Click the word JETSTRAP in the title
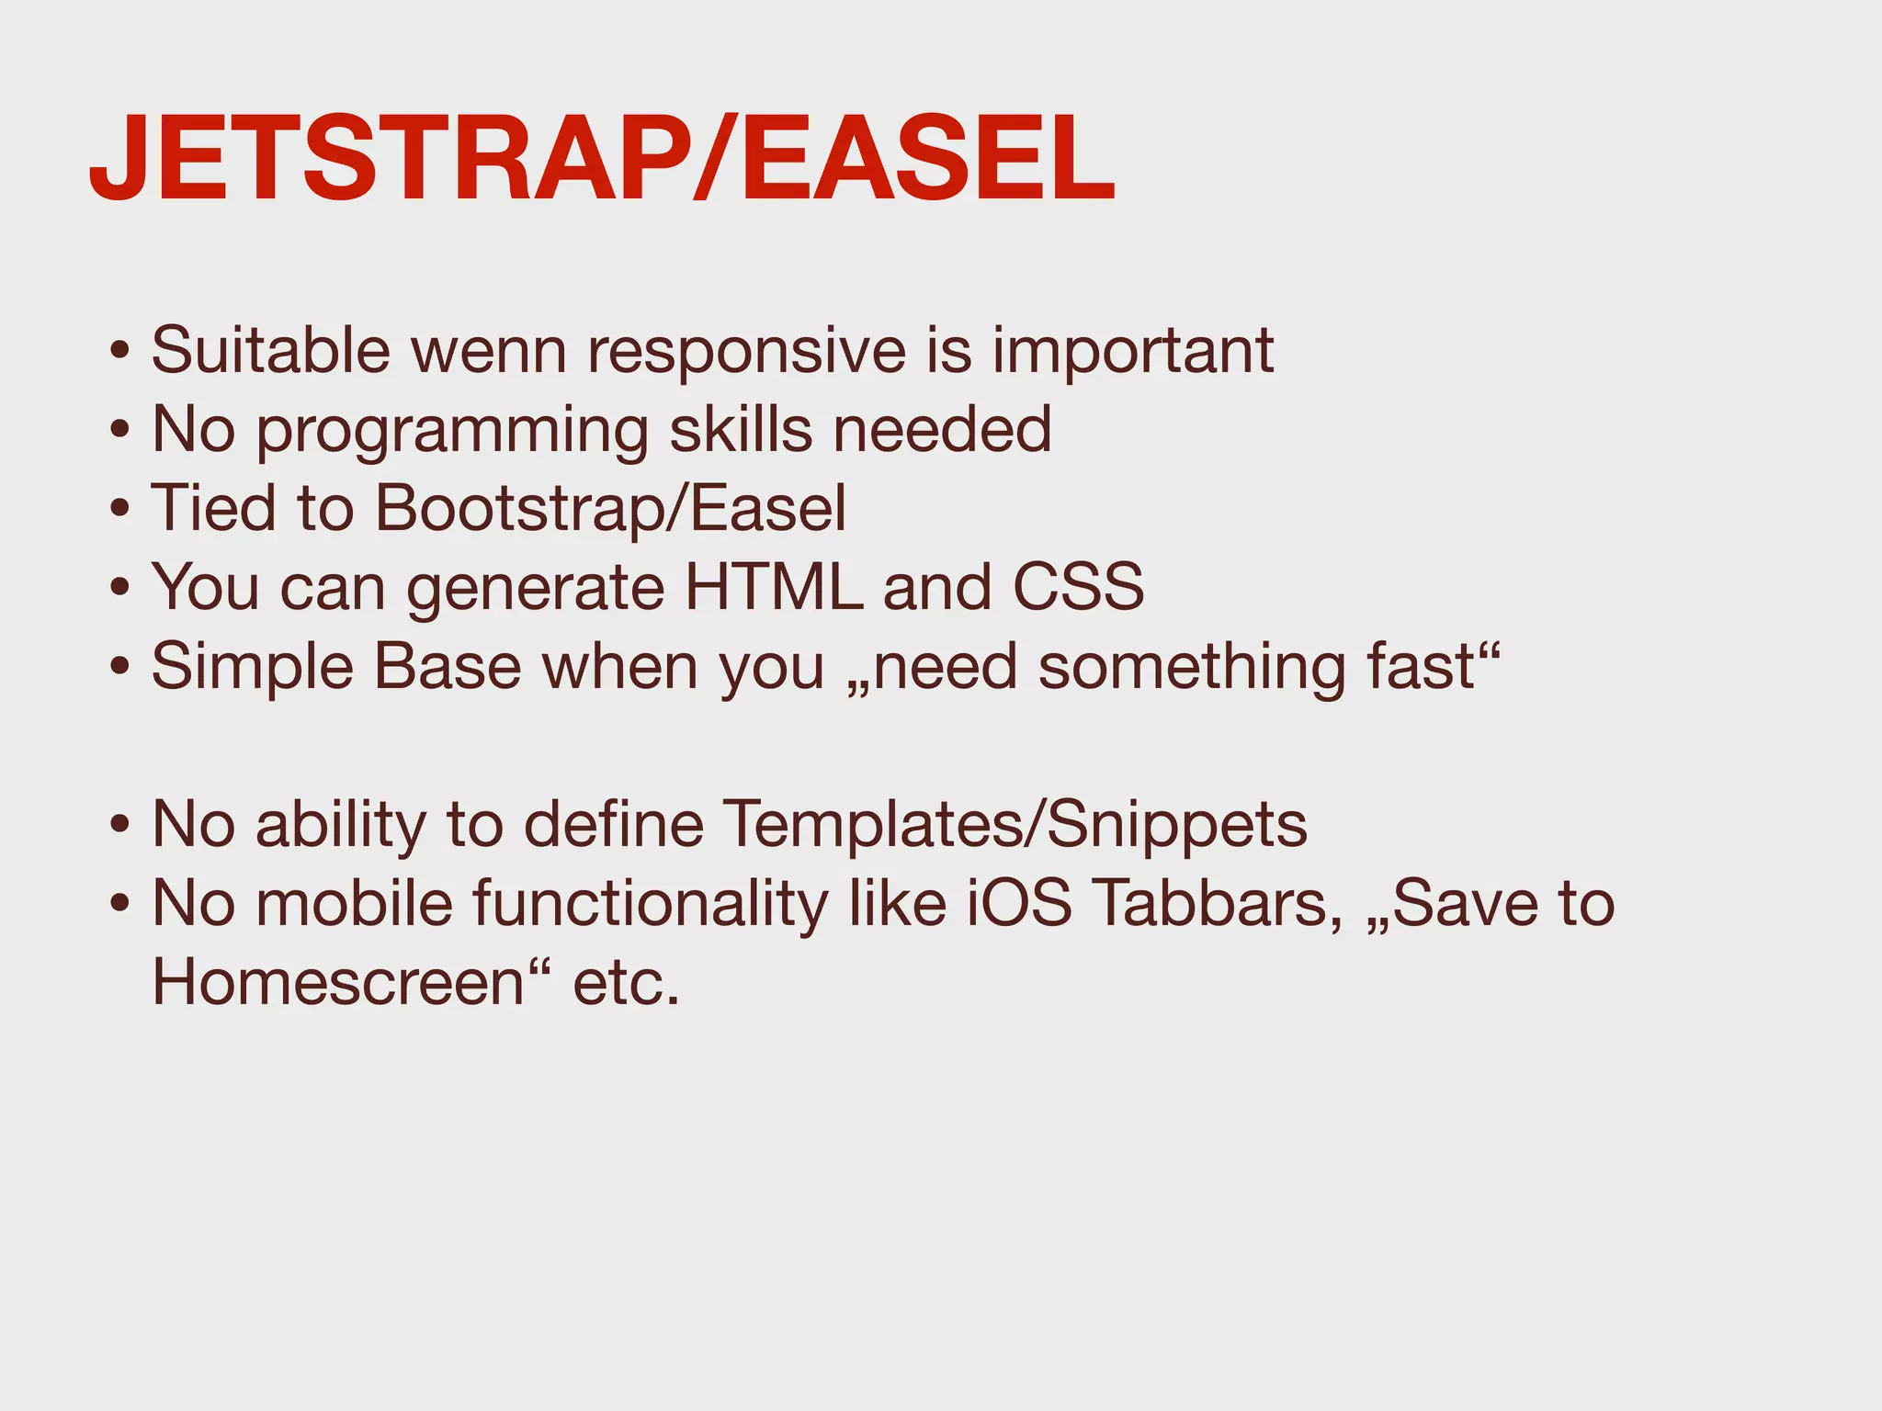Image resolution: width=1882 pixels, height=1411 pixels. pyautogui.click(x=386, y=158)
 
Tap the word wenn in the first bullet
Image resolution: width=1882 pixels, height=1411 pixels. pyautogui.click(x=488, y=352)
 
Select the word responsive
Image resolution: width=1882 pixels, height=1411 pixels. pyautogui.click(x=746, y=352)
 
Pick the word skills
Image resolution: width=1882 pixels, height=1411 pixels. pyautogui.click(x=741, y=430)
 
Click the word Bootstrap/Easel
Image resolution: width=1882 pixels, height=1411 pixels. pyautogui.click(x=611, y=509)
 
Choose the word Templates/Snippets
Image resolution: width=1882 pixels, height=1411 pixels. pyautogui.click(x=1015, y=825)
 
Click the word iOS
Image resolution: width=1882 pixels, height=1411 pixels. pyautogui.click(x=1019, y=904)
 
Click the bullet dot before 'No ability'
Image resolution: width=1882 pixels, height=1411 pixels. pyautogui.click(x=119, y=825)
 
